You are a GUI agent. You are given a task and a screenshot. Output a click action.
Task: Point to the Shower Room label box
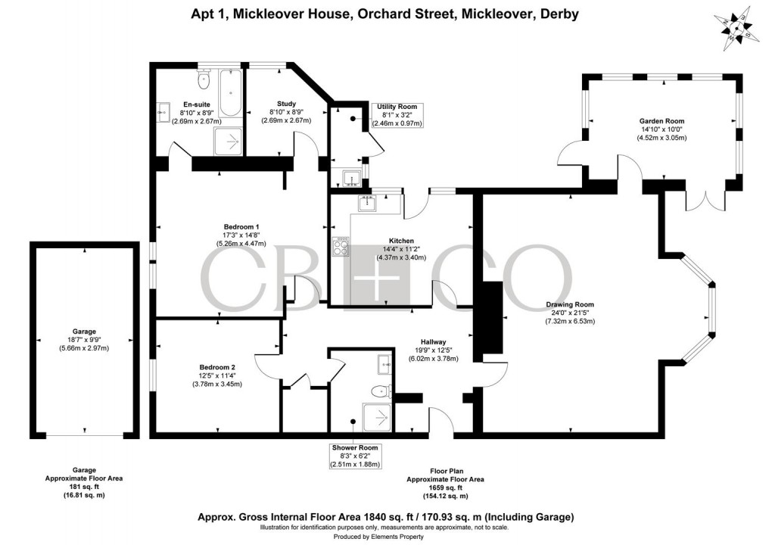coord(354,456)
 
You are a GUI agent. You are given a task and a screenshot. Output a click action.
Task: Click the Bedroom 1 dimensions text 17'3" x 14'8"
coord(241,235)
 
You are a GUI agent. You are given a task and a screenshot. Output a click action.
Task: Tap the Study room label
coord(286,104)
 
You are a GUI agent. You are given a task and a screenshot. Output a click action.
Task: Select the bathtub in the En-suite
coord(230,94)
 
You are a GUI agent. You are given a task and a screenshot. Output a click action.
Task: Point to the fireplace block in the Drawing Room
coord(492,317)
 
